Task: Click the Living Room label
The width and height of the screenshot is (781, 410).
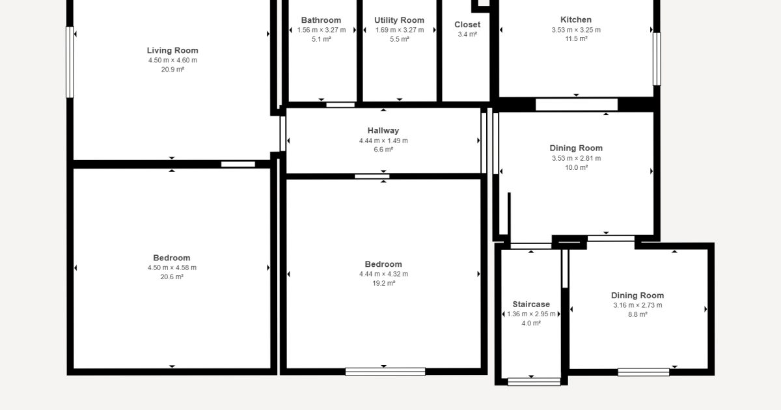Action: click(172, 51)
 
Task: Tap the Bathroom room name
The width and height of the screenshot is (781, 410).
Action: click(321, 20)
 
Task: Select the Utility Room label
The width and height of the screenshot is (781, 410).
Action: click(399, 20)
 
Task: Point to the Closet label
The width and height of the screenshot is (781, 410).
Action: click(467, 25)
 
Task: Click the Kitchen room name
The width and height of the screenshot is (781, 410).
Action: click(576, 20)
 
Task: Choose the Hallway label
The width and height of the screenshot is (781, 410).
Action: click(383, 131)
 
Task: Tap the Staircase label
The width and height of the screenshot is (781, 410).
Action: click(531, 305)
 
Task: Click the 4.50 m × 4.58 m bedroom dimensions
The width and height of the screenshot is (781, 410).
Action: click(172, 267)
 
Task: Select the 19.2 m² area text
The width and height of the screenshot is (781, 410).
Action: click(383, 283)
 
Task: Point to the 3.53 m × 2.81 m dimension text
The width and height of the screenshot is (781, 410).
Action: click(577, 158)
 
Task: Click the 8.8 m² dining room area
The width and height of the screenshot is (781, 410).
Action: click(638, 314)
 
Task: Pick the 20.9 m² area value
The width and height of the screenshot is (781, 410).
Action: click(172, 70)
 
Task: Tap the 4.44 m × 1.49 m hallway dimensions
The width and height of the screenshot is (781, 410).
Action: click(383, 141)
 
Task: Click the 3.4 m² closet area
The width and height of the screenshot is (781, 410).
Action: click(467, 34)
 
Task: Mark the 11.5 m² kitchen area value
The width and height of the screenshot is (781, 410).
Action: click(577, 38)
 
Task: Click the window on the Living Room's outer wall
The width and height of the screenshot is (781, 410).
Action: click(70, 62)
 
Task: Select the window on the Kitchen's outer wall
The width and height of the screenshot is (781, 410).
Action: click(657, 59)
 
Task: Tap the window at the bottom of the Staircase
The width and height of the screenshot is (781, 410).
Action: click(534, 382)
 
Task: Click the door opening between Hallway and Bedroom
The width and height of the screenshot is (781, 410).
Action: click(372, 176)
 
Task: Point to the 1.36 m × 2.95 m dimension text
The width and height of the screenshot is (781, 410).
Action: click(531, 314)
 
